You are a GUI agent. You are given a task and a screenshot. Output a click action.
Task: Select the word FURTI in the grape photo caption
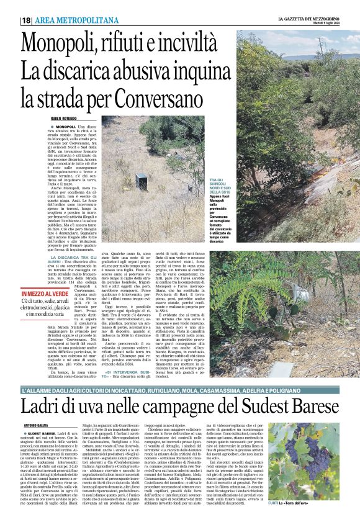[x=273, y=500]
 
